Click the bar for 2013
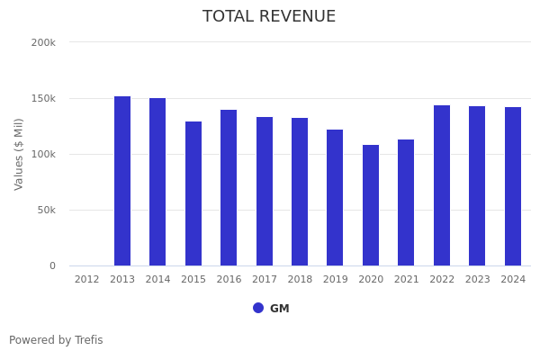pyautogui.click(x=122, y=181)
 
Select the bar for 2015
pyautogui.click(x=193, y=193)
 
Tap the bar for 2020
pyautogui.click(x=371, y=205)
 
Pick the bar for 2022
pyautogui.click(x=442, y=185)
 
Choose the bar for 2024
pyautogui.click(x=513, y=186)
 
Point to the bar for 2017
pyautogui.click(x=265, y=191)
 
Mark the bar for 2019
pyautogui.click(x=335, y=197)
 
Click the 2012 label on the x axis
pyautogui.click(x=87, y=280)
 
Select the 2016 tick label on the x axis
pyautogui.click(x=229, y=280)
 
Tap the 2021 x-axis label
pyautogui.click(x=407, y=280)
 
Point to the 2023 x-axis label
pyautogui.click(x=478, y=280)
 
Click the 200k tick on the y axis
pyautogui.click(x=43, y=42)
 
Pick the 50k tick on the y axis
pyautogui.click(x=46, y=210)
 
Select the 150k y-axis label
pyautogui.click(x=43, y=98)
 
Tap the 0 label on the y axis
pyautogui.click(x=52, y=265)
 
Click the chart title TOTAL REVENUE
pyautogui.click(x=269, y=17)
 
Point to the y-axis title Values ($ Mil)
pyautogui.click(x=20, y=154)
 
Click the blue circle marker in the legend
pyautogui.click(x=258, y=308)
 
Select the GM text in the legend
pyautogui.click(x=280, y=309)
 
